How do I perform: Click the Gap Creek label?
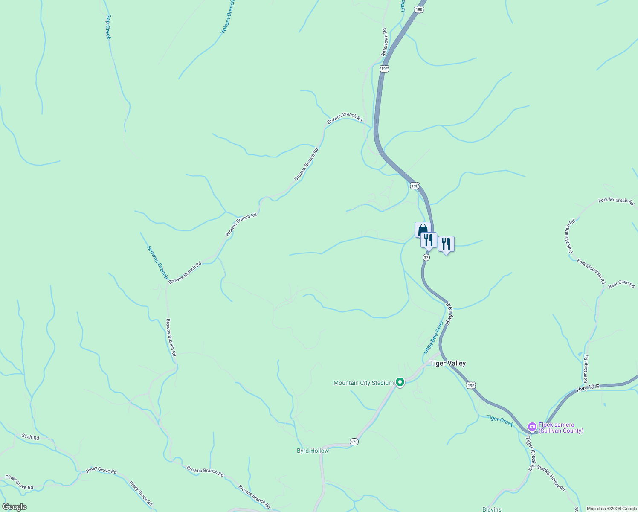click(108, 27)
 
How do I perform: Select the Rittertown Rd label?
click(384, 42)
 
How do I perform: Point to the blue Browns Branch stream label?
click(157, 262)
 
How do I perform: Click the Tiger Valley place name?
click(447, 363)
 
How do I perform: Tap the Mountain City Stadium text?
click(363, 383)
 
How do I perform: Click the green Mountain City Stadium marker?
click(400, 382)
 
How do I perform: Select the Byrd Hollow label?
click(313, 451)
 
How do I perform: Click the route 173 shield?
click(354, 442)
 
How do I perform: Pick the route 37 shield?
click(426, 258)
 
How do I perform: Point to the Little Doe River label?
click(433, 337)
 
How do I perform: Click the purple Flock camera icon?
click(532, 426)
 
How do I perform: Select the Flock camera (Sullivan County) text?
click(561, 428)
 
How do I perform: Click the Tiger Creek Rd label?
click(530, 454)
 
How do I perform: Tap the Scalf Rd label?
click(30, 437)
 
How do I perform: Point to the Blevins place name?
click(492, 509)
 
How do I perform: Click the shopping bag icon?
click(423, 230)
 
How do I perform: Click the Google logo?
click(14, 507)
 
